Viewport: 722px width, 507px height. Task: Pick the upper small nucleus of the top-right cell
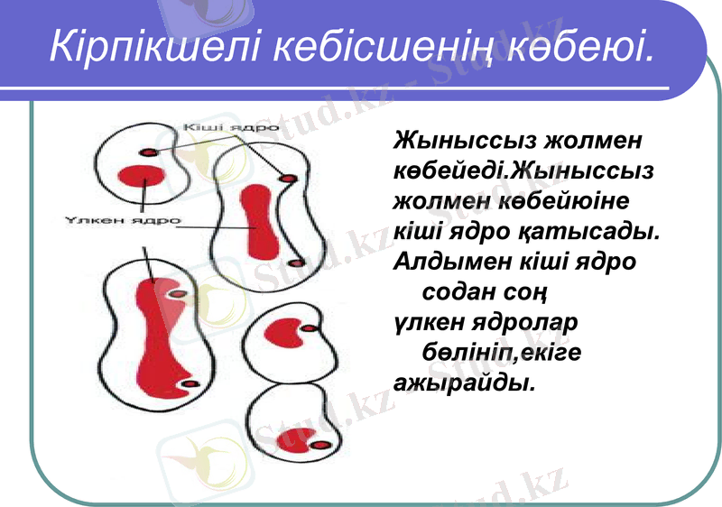pyautogui.click(x=289, y=179)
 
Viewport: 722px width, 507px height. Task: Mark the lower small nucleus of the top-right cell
pyautogui.click(x=292, y=263)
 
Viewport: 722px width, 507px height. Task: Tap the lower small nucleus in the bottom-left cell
pyautogui.click(x=189, y=385)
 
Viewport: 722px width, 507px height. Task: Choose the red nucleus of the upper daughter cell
pyautogui.click(x=292, y=333)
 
